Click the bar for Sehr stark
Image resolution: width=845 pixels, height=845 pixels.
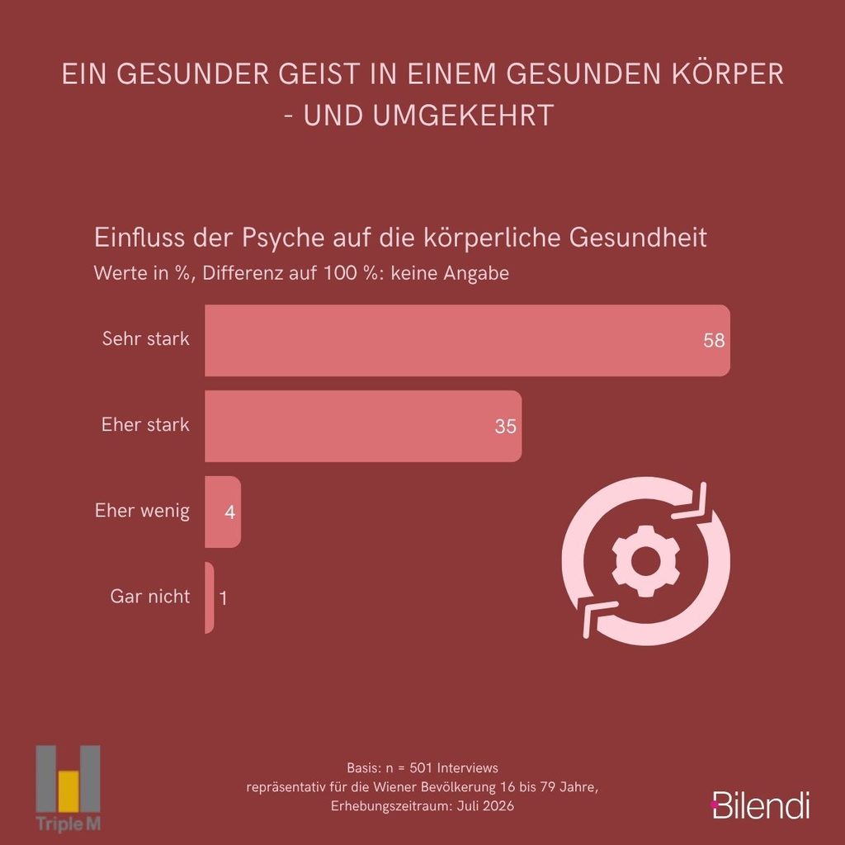click(x=467, y=340)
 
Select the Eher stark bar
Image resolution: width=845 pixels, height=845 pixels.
click(x=363, y=426)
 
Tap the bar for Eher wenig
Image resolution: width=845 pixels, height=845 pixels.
click(x=223, y=512)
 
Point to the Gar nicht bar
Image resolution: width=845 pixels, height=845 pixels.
click(x=209, y=597)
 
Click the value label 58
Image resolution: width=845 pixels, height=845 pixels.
click(x=714, y=341)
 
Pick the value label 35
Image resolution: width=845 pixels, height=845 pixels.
click(x=506, y=427)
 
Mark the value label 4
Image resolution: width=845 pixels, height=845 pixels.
click(x=230, y=512)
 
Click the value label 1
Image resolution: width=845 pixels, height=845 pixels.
click(x=223, y=598)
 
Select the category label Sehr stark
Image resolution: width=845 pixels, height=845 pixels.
click(x=145, y=338)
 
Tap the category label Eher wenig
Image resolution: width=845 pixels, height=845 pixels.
click(x=142, y=510)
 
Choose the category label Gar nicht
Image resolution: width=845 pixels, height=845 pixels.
click(x=150, y=596)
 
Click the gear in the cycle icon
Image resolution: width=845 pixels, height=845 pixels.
click(x=645, y=561)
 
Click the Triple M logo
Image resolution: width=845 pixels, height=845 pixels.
click(x=68, y=788)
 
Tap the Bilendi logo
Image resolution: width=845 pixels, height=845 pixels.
click(x=760, y=805)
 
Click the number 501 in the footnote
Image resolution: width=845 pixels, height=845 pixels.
click(x=421, y=767)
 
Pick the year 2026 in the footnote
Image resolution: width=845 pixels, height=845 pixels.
click(x=499, y=806)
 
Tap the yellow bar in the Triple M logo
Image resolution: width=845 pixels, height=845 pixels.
click(x=68, y=791)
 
